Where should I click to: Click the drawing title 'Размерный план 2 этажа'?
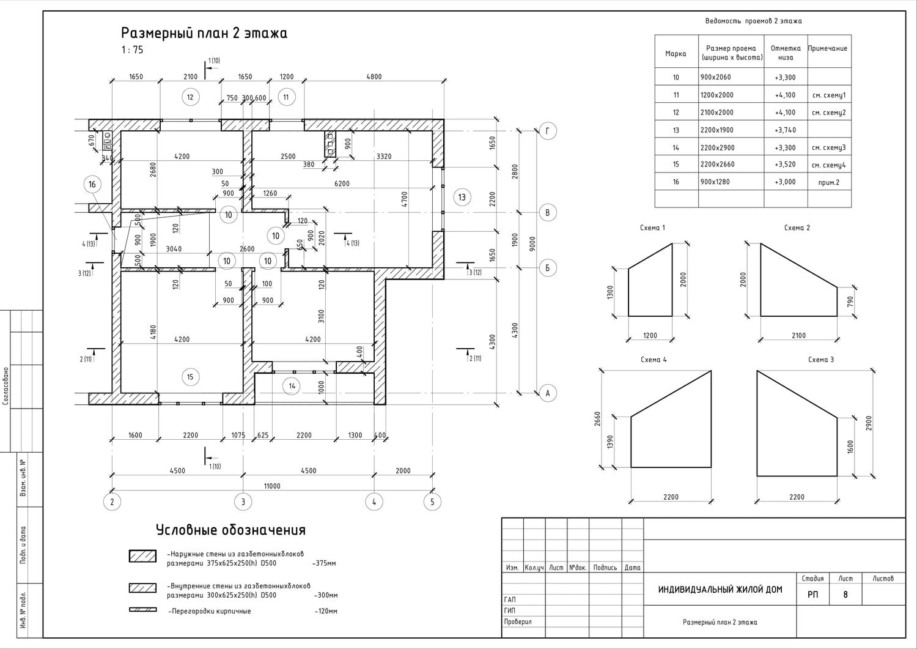pyautogui.click(x=204, y=33)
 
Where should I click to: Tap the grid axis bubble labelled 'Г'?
pyautogui.click(x=547, y=131)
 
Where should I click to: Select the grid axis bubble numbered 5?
pyautogui.click(x=432, y=502)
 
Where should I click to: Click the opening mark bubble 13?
pyautogui.click(x=462, y=197)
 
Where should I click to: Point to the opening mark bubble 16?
pyautogui.click(x=92, y=185)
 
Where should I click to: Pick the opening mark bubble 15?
pyautogui.click(x=190, y=377)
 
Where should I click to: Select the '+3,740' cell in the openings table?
pyautogui.click(x=785, y=130)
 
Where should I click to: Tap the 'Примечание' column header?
pyautogui.click(x=828, y=48)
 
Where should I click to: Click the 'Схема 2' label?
pyautogui.click(x=797, y=228)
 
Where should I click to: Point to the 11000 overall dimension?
pyautogui.click(x=272, y=486)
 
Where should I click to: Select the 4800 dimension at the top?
pyautogui.click(x=374, y=76)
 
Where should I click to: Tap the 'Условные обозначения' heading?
pyautogui.click(x=230, y=530)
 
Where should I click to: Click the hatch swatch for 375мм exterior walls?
pyautogui.click(x=142, y=556)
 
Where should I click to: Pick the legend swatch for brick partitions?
pyautogui.click(x=142, y=610)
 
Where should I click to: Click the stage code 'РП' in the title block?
pyautogui.click(x=812, y=594)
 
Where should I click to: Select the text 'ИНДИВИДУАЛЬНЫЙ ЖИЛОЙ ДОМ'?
pyautogui.click(x=720, y=590)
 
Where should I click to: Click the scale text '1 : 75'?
pyautogui.click(x=132, y=51)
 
